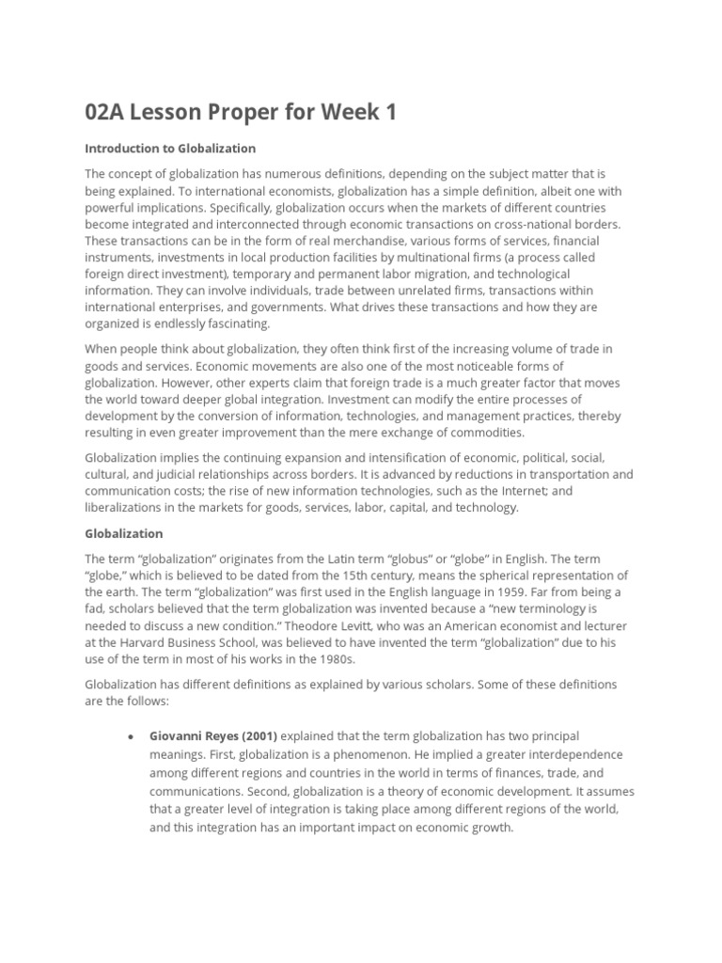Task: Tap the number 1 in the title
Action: [389, 113]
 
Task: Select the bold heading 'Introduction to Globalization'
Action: [170, 149]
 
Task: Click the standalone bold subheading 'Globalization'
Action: [124, 533]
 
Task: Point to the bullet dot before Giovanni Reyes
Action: [130, 736]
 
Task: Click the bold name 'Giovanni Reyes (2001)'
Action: [213, 735]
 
